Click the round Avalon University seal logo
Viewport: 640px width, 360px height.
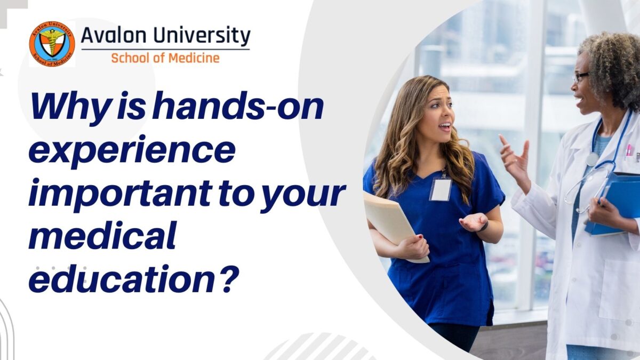point(52,44)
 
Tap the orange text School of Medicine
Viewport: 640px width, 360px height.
point(165,58)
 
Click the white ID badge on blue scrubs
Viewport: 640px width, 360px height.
point(441,189)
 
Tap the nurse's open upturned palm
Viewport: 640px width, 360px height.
point(474,221)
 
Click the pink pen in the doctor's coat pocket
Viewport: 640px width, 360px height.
point(630,152)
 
